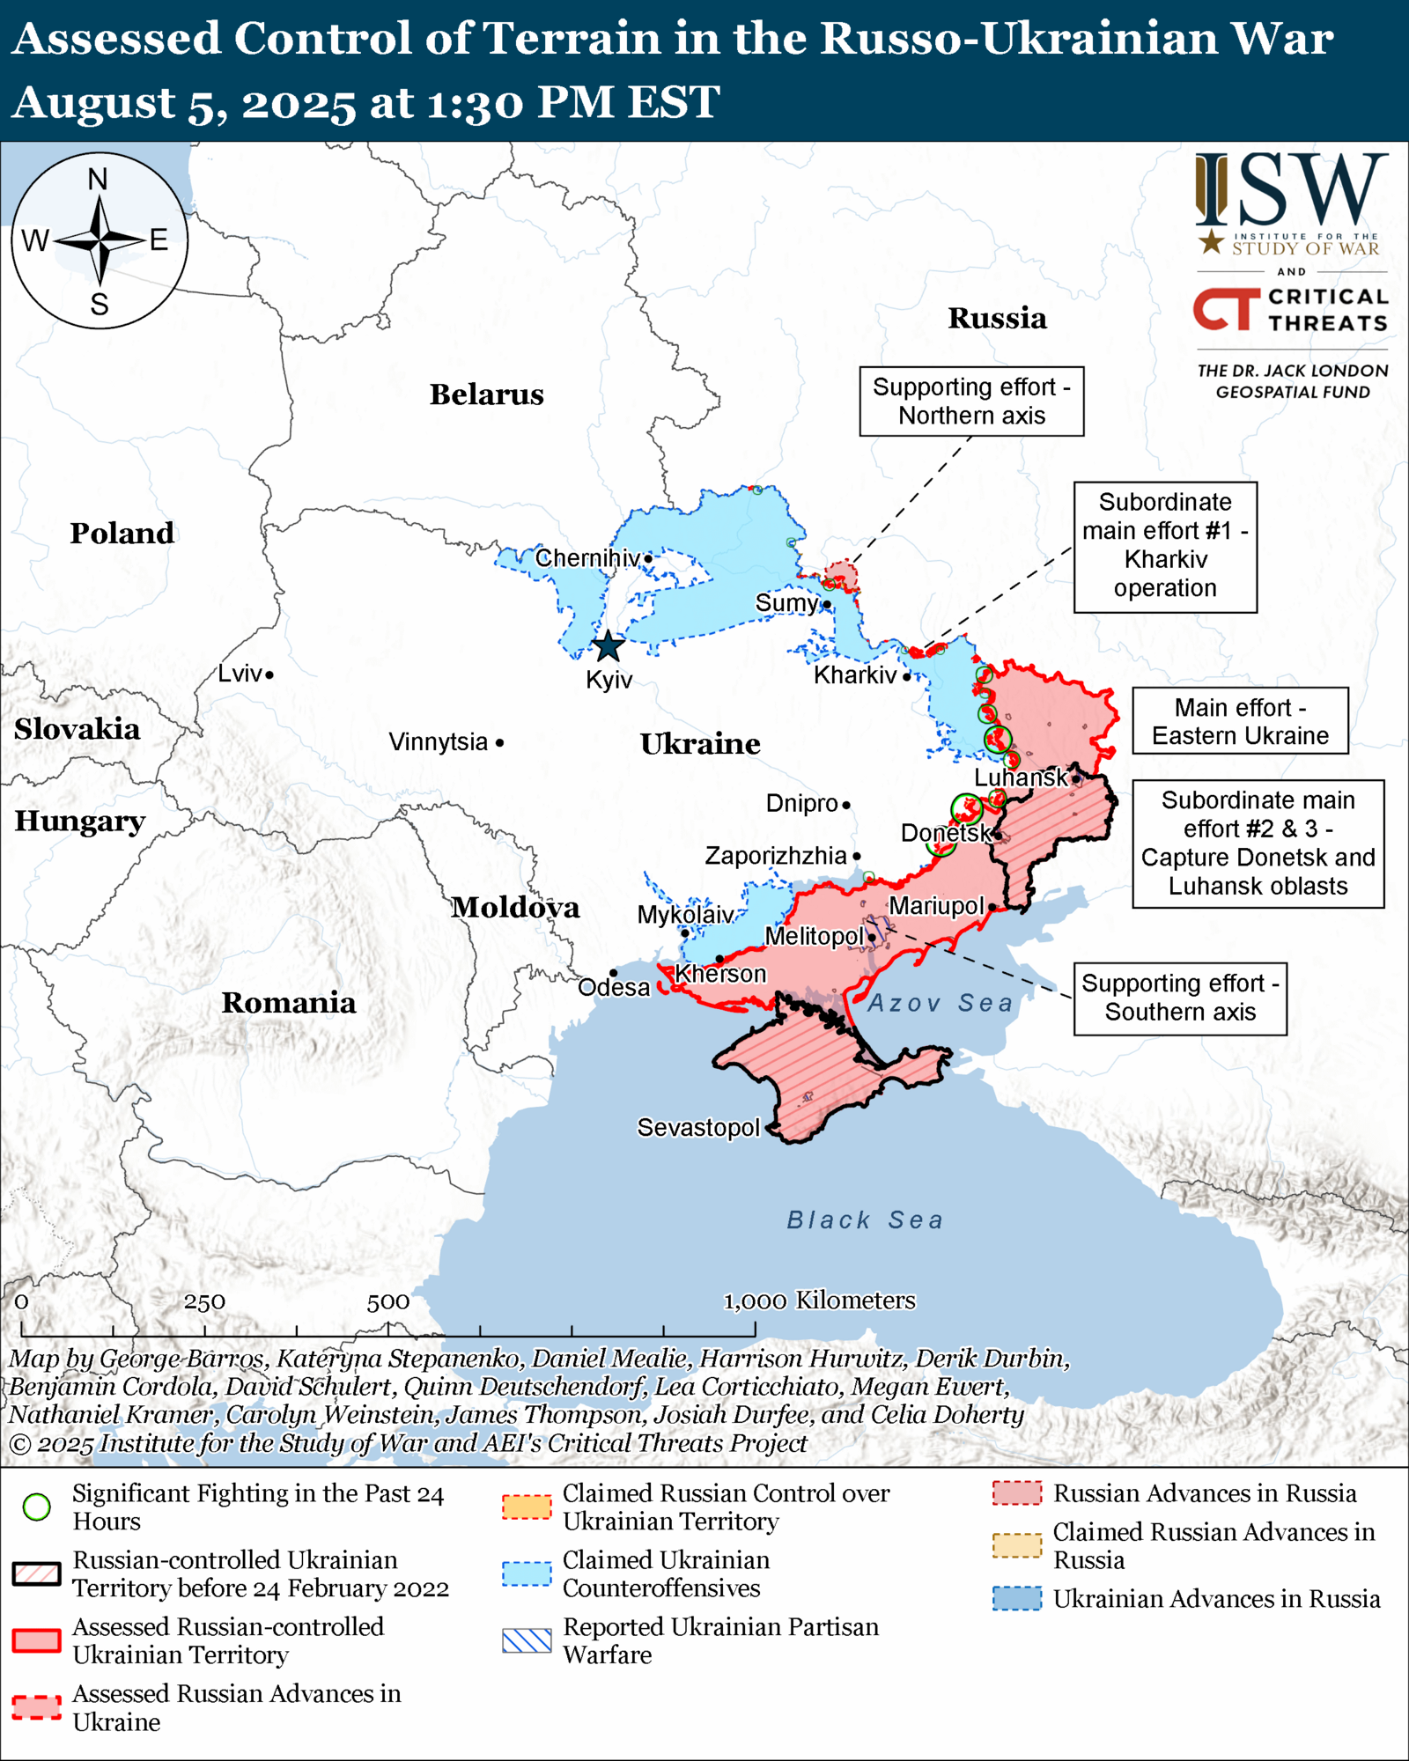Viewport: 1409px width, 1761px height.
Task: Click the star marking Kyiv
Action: coord(608,646)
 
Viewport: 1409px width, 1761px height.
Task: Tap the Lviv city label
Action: coord(240,674)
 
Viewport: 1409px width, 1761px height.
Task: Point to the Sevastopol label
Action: coord(698,1127)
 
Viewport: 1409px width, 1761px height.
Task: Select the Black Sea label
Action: coord(865,1219)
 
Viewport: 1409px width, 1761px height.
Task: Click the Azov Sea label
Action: coord(941,1002)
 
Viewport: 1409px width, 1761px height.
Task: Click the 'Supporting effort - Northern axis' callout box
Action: coord(971,402)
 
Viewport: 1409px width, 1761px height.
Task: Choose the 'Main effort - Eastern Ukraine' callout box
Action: coord(1240,721)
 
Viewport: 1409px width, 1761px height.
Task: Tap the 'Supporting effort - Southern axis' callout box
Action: coord(1180,998)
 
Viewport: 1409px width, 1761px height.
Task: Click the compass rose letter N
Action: coord(98,180)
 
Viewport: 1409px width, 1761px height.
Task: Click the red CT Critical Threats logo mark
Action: coord(1227,309)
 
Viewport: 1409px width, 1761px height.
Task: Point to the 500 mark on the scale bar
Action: coord(388,1301)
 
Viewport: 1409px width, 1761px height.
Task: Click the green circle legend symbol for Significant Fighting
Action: coord(37,1507)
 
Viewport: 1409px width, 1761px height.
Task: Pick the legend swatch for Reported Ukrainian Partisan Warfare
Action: coord(527,1640)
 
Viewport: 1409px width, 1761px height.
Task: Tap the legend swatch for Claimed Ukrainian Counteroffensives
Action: coord(527,1573)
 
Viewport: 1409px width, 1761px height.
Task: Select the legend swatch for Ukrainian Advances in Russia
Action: coord(1017,1598)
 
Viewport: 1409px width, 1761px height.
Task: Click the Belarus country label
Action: coord(486,394)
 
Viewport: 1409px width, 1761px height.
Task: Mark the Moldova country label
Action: coord(515,907)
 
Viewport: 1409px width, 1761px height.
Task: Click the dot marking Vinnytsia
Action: coord(499,743)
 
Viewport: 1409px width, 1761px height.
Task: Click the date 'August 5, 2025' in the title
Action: coord(183,102)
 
